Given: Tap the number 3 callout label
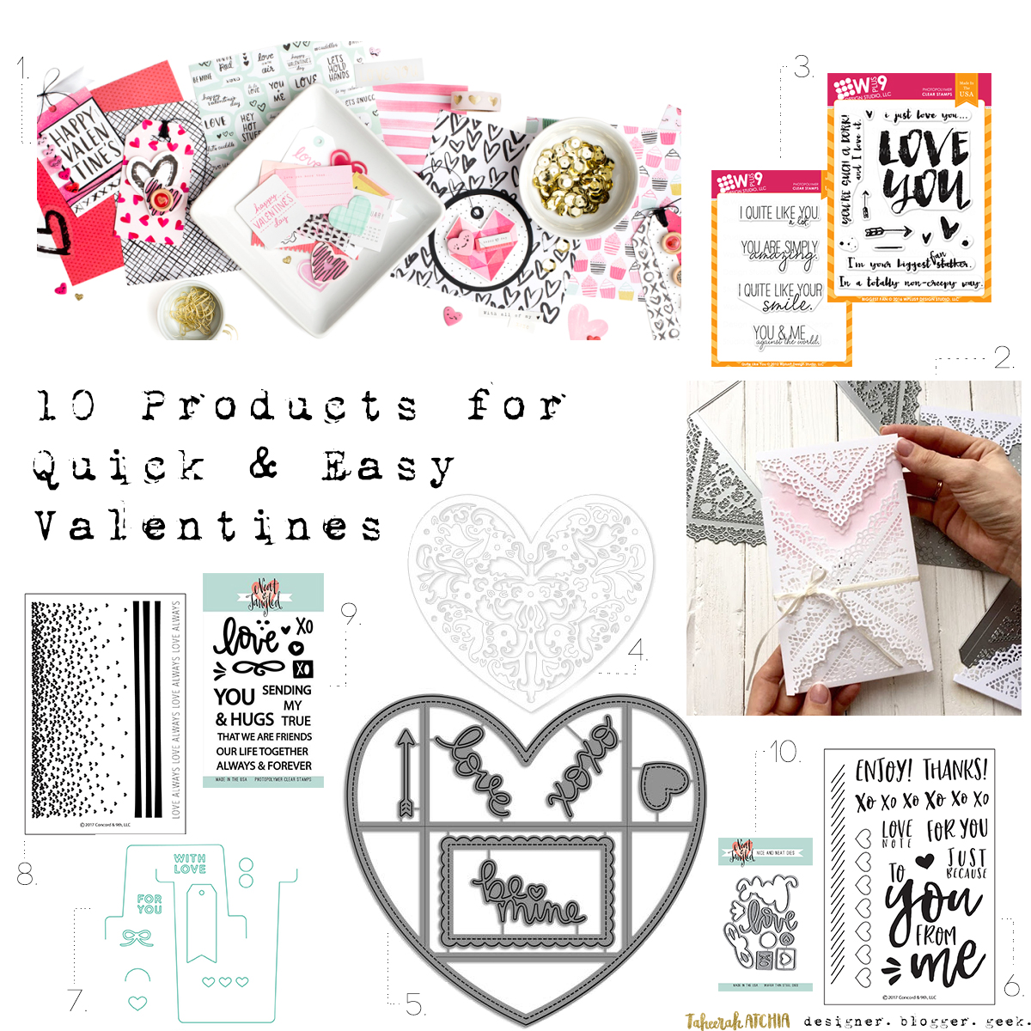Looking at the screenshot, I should coord(802,67).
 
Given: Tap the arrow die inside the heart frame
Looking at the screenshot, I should coord(404,773).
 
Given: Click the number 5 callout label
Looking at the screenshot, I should coord(415,1004).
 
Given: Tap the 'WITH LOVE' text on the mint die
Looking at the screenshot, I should coord(190,863).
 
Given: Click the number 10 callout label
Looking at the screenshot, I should coord(784,752).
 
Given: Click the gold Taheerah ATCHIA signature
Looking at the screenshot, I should coord(737,1021).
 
